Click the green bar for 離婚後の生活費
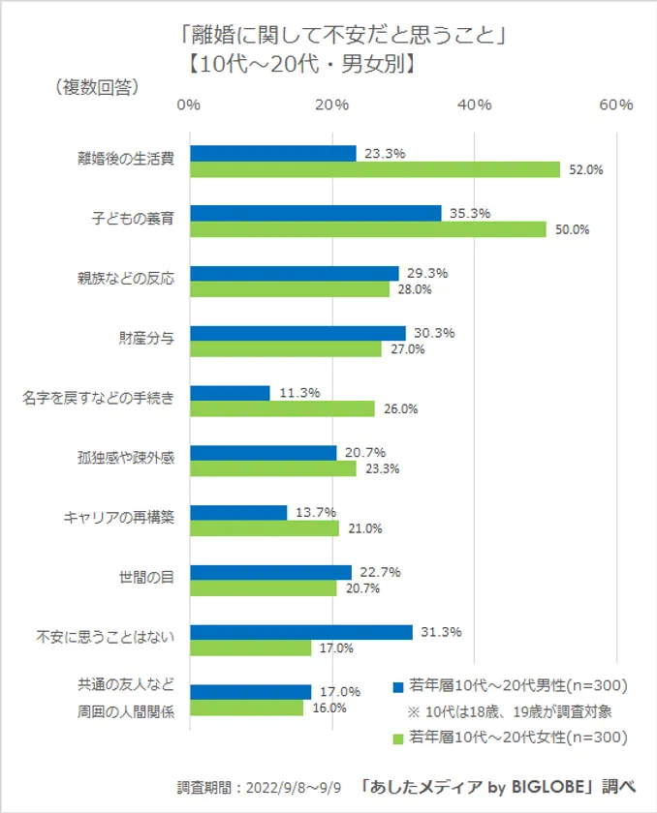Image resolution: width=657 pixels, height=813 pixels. [374, 169]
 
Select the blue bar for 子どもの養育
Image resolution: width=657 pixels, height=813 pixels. [315, 213]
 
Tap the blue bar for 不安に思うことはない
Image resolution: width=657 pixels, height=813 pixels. [300, 633]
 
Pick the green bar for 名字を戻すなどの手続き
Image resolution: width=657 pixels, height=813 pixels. [282, 409]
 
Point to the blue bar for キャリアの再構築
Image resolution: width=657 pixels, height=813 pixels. [238, 513]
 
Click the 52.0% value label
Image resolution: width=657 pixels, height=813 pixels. [586, 169]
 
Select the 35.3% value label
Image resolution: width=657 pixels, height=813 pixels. [470, 213]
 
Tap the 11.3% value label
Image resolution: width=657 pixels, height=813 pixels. [297, 393]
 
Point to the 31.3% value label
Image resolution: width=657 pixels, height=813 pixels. [441, 632]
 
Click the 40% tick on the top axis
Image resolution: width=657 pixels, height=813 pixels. [474, 105]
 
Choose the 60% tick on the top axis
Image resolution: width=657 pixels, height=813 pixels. [615, 105]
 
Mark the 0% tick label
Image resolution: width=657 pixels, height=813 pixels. [190, 105]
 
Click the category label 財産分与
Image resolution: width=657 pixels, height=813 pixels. [145, 339]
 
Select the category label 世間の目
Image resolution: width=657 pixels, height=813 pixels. [145, 579]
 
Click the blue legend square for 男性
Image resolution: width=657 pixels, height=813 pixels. [398, 686]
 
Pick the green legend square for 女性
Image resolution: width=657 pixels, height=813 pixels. [398, 738]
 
